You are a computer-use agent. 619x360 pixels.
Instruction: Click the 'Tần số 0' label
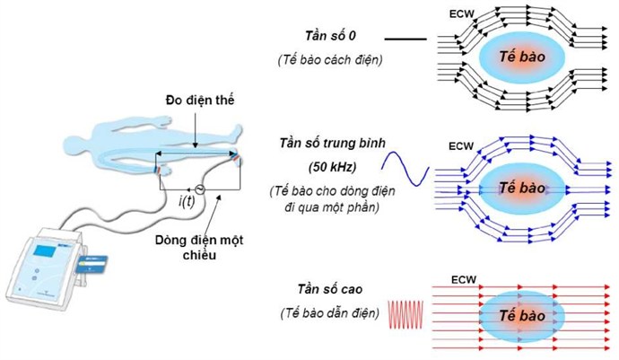coord(330,36)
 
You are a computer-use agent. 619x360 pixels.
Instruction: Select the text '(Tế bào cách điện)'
coord(330,60)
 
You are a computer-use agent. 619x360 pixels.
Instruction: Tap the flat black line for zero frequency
coord(405,40)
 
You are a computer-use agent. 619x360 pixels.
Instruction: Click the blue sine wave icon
coord(405,169)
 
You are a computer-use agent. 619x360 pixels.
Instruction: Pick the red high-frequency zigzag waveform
coord(405,314)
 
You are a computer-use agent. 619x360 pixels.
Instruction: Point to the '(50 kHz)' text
coord(332,167)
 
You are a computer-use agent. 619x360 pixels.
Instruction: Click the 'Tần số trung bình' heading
coord(332,143)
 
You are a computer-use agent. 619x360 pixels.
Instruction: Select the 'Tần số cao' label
coord(330,289)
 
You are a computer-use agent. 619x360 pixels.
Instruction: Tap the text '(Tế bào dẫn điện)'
coord(329,313)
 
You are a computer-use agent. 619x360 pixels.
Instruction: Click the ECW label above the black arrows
coord(461,13)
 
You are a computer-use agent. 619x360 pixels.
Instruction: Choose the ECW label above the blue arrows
coord(461,146)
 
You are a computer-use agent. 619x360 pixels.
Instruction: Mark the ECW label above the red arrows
coord(464,280)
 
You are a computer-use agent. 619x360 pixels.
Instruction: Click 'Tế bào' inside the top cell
coord(522,57)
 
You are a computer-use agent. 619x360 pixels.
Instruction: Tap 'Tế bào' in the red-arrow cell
coord(522,316)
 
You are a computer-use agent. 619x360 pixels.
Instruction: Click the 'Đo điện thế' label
coord(200,101)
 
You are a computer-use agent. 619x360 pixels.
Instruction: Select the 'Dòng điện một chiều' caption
coord(199,247)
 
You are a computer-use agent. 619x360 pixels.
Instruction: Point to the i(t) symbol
coord(187,201)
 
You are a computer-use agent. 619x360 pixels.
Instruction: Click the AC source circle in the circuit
coord(200,190)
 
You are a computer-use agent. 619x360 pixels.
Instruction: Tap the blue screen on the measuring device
coord(43,250)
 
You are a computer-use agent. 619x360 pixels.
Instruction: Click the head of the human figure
coord(74,144)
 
